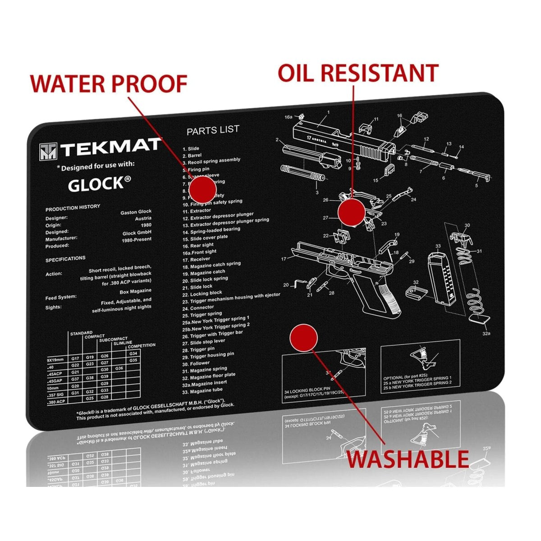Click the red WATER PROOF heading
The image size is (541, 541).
[108, 83]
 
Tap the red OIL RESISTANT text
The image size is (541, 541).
[358, 73]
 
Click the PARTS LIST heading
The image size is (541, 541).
[213, 131]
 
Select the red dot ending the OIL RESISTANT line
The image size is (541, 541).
[351, 212]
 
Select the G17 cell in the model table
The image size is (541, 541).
[75, 358]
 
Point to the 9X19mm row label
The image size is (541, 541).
[57, 361]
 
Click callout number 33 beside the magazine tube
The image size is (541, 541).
[438, 246]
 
